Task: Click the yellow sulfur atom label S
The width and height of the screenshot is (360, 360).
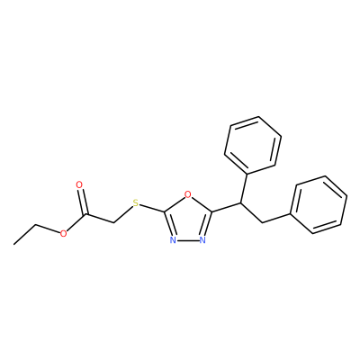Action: [x=136, y=203]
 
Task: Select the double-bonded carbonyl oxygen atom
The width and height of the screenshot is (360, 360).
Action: [x=79, y=184]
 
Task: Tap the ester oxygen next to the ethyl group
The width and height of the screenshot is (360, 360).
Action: [x=63, y=233]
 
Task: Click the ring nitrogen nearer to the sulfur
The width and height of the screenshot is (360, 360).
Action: [x=173, y=240]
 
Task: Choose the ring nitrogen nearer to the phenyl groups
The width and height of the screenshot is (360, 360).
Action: [x=202, y=240]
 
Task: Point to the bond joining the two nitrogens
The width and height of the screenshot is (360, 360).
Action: [x=187, y=240]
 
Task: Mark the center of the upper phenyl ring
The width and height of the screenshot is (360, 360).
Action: [x=253, y=145]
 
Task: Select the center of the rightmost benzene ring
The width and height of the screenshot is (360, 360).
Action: [x=319, y=204]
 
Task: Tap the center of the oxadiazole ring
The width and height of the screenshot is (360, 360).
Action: [x=188, y=220]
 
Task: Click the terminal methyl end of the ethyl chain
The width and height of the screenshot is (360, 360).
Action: [x=14, y=245]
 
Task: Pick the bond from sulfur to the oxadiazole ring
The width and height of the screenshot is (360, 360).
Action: [x=152, y=208]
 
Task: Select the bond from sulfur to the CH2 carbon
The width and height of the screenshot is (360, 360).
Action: [x=123, y=214]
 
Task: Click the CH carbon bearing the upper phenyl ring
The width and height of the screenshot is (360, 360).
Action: [x=240, y=203]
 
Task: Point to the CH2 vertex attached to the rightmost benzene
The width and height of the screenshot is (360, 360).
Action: [x=262, y=222]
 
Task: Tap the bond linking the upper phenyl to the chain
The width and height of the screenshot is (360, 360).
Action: [x=244, y=189]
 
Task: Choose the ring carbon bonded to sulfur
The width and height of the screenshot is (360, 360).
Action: [x=164, y=212]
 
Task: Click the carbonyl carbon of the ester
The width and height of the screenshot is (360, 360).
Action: [x=86, y=215]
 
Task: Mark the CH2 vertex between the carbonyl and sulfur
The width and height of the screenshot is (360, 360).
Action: [x=114, y=223]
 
